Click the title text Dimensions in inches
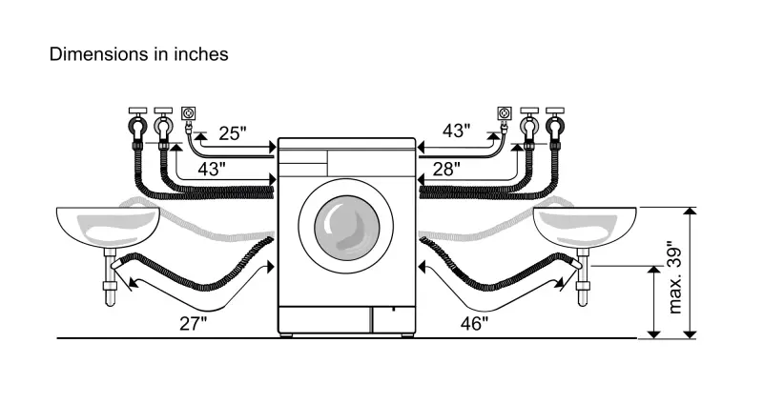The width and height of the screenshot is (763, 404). [x=138, y=54]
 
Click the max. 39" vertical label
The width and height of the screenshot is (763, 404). [x=676, y=276]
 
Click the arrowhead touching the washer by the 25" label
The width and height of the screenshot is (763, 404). [x=274, y=146]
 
